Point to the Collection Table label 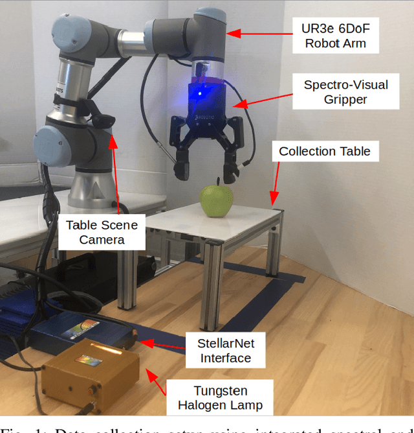[325, 151]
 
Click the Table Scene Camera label [102, 232]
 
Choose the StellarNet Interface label [225, 351]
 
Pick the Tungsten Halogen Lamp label [219, 398]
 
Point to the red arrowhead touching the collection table [274, 201]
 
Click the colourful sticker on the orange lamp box [89, 360]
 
